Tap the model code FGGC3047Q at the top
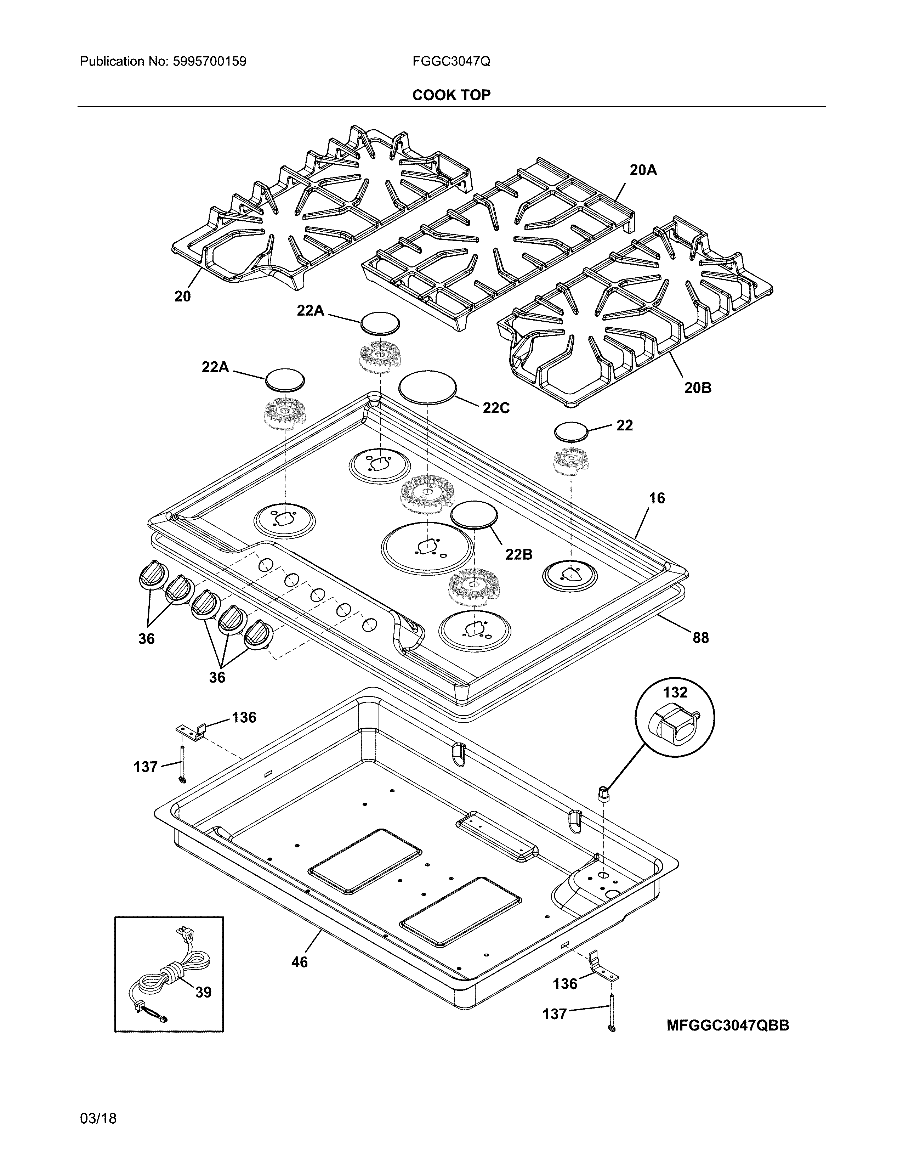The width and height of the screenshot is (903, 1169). click(x=451, y=62)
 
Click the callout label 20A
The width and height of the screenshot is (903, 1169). click(x=643, y=170)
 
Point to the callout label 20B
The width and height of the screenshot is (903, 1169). click(x=698, y=388)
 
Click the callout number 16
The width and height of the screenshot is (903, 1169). click(x=657, y=498)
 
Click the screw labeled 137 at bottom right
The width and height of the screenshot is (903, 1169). click(x=610, y=1011)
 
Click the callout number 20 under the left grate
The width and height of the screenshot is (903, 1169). click(x=182, y=297)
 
